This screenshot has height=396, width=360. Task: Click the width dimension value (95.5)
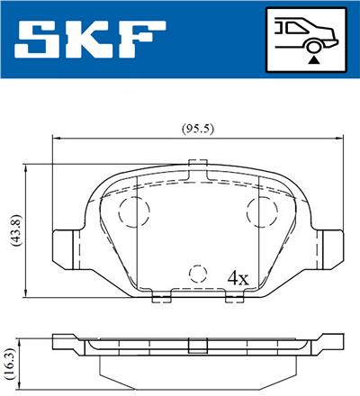pyautogui.click(x=198, y=128)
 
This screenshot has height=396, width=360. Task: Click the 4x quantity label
pyautogui.click(x=238, y=277)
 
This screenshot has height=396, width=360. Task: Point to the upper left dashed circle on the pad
pyautogui.click(x=134, y=212)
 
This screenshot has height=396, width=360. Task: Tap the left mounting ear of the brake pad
pyautogui.click(x=66, y=244)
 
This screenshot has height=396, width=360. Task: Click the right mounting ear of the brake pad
pyautogui.click(x=329, y=244)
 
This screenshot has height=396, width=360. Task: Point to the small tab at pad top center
pyautogui.click(x=197, y=164)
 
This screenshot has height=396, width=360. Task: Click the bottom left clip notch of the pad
pyautogui.click(x=161, y=295)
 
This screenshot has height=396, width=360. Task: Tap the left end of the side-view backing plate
pyautogui.click(x=61, y=341)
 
